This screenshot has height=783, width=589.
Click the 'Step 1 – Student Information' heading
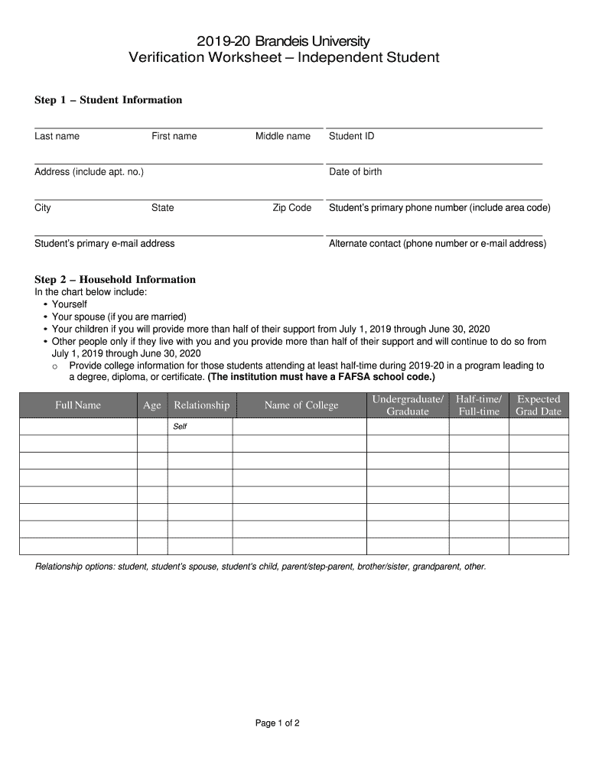click(x=108, y=100)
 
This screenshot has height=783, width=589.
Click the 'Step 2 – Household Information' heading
click(x=115, y=279)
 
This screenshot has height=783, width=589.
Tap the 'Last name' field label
click(x=57, y=136)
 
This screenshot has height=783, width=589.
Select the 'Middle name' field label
click(x=283, y=136)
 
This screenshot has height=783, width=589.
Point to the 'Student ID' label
click(x=351, y=136)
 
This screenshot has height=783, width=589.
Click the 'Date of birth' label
click(x=355, y=172)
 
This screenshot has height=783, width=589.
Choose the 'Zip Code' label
click(x=292, y=208)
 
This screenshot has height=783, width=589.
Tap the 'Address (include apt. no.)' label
click(x=89, y=172)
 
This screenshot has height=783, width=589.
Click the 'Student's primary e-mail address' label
click(x=104, y=244)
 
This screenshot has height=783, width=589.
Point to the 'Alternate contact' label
click(x=437, y=244)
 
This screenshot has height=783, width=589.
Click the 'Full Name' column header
click(x=77, y=405)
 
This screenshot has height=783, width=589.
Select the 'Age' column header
click(x=152, y=405)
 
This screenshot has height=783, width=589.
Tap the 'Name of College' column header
click(x=301, y=405)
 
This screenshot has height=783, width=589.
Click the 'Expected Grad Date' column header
click(x=539, y=405)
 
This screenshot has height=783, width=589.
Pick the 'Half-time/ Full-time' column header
click(x=479, y=405)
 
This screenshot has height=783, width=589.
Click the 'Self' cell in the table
click(x=180, y=427)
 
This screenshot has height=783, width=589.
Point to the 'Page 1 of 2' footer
click(x=277, y=723)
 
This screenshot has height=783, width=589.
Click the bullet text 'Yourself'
click(x=69, y=304)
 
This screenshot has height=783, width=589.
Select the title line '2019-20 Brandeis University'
click(x=283, y=41)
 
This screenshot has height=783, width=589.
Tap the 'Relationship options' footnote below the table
click(x=260, y=567)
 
